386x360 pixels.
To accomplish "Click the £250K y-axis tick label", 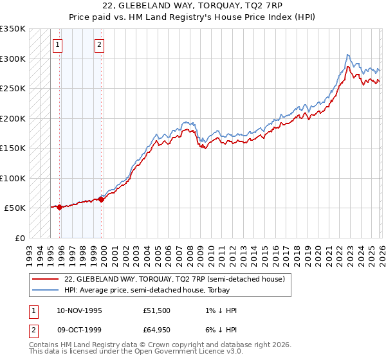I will point(13,88).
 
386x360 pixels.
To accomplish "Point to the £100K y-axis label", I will point(13,178).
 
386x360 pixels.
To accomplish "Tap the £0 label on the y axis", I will point(19,238).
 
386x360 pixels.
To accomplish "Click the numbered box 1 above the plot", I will point(58,45).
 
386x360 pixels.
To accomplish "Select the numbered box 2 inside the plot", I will point(100,45).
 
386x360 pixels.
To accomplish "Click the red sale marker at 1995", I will point(59,207).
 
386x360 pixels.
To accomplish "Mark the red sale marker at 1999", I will point(101,199).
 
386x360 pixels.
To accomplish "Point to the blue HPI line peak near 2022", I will point(347,55).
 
